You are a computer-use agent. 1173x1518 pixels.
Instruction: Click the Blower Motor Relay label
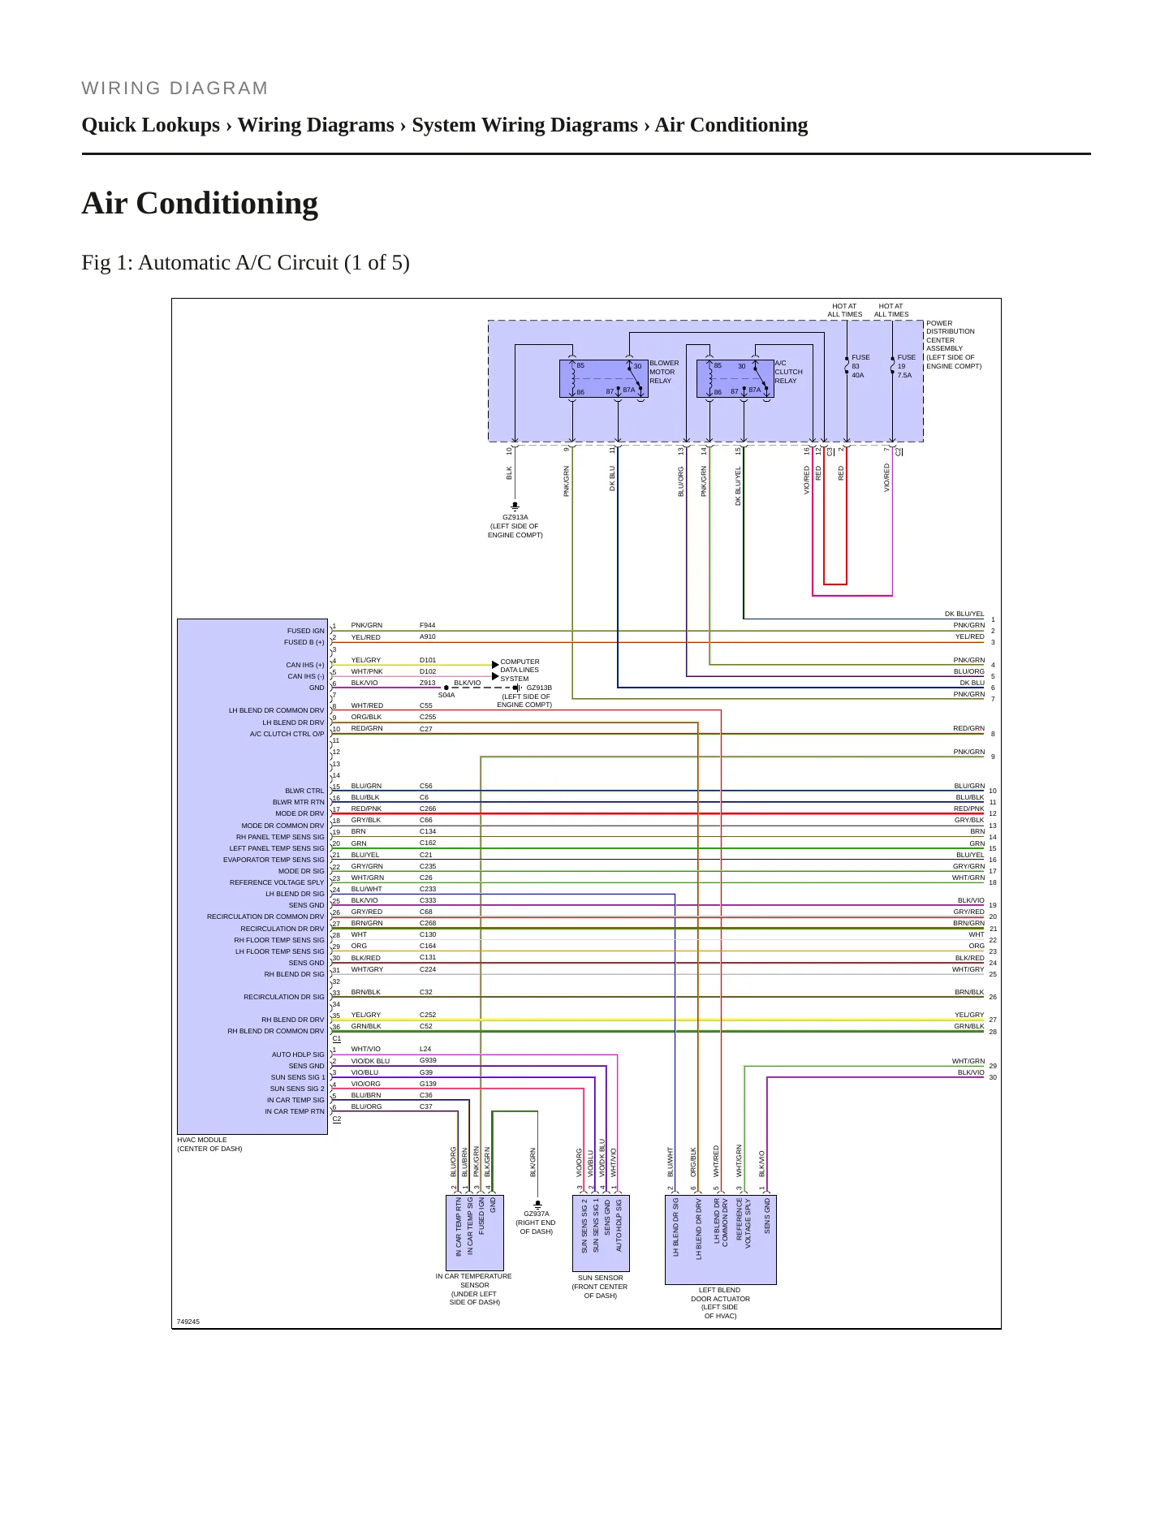664,372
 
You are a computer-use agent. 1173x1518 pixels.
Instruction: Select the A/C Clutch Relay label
788,372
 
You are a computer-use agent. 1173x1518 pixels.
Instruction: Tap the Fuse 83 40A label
860,366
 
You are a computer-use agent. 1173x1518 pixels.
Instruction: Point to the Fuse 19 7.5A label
906,366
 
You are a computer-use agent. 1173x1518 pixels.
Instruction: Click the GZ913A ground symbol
515,507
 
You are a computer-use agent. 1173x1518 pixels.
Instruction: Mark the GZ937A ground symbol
537,1205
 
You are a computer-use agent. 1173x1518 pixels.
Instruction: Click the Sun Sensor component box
601,1233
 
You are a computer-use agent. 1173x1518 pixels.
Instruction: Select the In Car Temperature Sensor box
475,1233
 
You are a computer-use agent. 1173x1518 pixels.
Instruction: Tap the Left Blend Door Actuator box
721,1240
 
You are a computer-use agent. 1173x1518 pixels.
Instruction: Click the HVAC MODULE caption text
209,1145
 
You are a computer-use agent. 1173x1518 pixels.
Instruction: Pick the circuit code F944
428,625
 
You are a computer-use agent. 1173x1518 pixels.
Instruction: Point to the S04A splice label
446,695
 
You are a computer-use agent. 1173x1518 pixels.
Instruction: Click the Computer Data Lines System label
520,671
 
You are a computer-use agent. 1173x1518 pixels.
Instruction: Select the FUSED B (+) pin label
304,642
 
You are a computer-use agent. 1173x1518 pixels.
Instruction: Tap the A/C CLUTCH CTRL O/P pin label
287,734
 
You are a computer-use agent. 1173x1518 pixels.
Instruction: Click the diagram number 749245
188,1322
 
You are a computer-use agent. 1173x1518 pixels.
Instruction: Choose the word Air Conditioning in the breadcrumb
731,125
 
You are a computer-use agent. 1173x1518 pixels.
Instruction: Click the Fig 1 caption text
245,263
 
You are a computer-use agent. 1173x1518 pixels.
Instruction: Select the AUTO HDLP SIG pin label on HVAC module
298,1054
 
